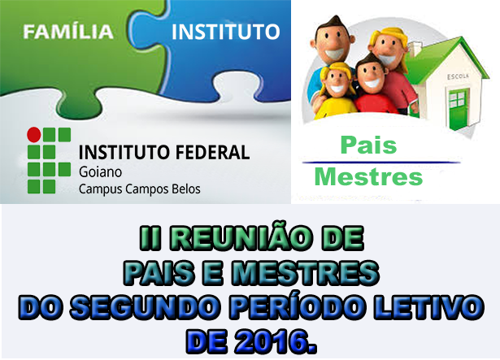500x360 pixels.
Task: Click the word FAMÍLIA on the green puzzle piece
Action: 68,32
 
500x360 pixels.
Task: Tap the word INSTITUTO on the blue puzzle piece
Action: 226,32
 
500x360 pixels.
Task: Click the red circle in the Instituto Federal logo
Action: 34,135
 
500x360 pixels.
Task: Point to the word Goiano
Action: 100,172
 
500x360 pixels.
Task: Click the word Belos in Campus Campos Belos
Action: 186,189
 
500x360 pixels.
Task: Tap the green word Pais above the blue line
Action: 368,145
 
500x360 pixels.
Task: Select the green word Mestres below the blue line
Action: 368,176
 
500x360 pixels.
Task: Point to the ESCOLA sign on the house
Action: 458,76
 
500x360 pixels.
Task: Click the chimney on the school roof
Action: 415,49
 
